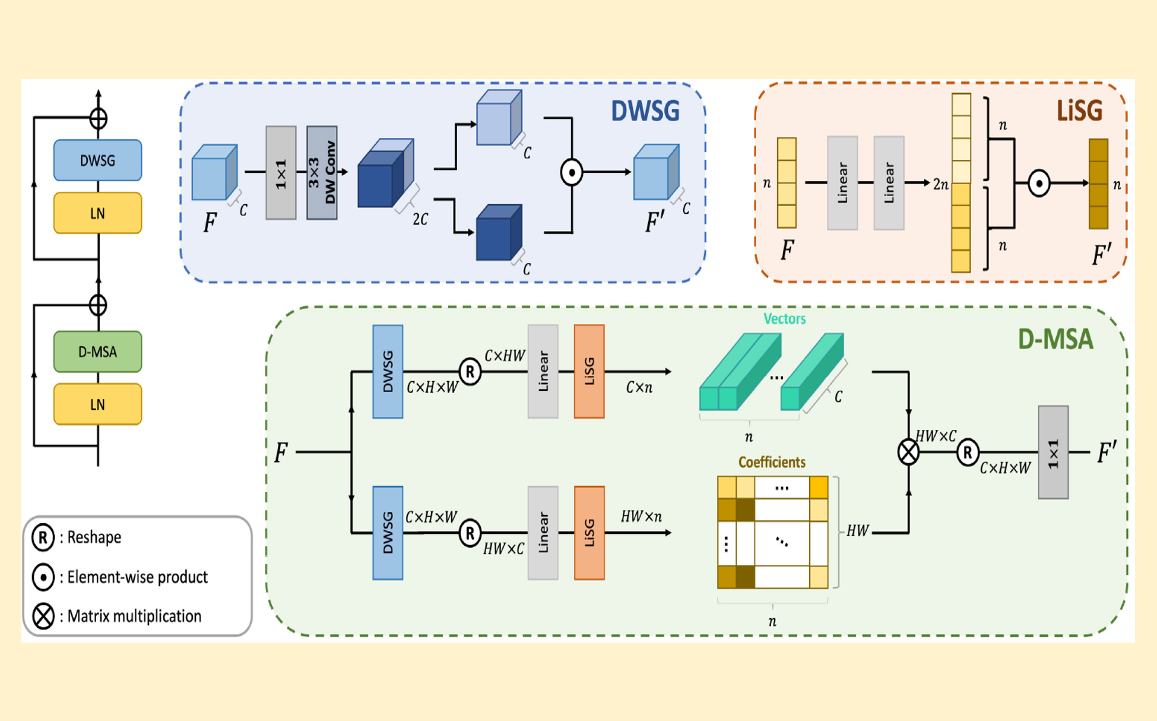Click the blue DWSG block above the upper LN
(x=97, y=160)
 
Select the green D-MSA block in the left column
(x=97, y=352)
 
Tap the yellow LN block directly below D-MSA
(x=97, y=404)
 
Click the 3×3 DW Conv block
(x=322, y=172)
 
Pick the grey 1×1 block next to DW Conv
(x=281, y=172)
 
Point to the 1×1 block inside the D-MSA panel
(x=1053, y=453)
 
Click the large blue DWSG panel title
(x=645, y=111)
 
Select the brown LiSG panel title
(x=1079, y=111)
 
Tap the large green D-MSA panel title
(x=1055, y=339)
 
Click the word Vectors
(x=784, y=319)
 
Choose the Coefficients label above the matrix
(x=772, y=462)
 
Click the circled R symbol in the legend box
(x=43, y=537)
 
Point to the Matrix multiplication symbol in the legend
(x=43, y=616)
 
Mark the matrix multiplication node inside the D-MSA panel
(x=908, y=453)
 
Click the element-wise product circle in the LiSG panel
(x=1039, y=184)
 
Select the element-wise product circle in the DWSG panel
(x=572, y=172)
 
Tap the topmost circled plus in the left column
(x=99, y=118)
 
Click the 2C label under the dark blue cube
(x=420, y=220)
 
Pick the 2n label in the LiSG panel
(x=941, y=185)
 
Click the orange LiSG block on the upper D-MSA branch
(x=589, y=371)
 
